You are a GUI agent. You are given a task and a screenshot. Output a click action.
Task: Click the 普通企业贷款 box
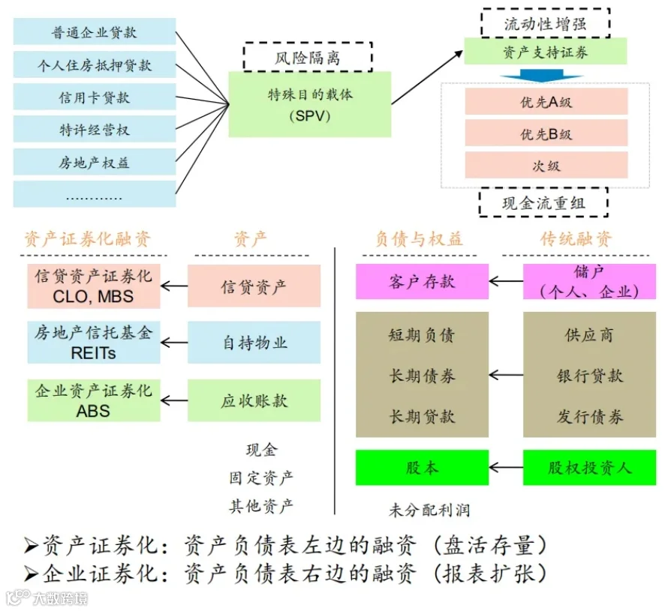click(x=95, y=31)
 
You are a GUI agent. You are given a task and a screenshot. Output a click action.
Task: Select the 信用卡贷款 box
click(x=95, y=97)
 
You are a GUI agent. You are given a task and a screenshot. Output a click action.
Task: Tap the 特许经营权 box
click(x=95, y=129)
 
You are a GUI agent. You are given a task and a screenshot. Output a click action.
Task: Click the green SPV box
click(x=310, y=104)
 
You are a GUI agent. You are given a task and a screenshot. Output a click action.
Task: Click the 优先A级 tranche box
click(x=546, y=101)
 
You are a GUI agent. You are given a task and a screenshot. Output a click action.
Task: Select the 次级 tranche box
click(x=546, y=165)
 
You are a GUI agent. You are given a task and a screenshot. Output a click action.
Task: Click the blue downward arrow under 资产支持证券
click(x=542, y=78)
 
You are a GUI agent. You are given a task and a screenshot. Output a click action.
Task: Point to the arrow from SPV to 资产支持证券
click(x=427, y=77)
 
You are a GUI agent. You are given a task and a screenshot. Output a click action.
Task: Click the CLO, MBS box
click(x=94, y=286)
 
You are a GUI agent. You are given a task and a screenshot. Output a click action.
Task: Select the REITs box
click(x=94, y=343)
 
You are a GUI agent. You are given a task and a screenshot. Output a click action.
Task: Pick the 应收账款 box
click(x=254, y=400)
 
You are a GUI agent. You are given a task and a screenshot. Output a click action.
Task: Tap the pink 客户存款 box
click(x=422, y=281)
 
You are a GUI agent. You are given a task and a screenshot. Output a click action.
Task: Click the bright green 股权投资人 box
click(x=589, y=467)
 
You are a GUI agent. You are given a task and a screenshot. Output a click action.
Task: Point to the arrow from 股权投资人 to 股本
click(x=506, y=467)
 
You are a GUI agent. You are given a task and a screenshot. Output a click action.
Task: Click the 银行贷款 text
click(x=590, y=376)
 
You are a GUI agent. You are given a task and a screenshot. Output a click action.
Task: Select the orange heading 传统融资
click(x=576, y=238)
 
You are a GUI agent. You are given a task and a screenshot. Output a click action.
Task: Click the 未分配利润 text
click(x=429, y=510)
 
